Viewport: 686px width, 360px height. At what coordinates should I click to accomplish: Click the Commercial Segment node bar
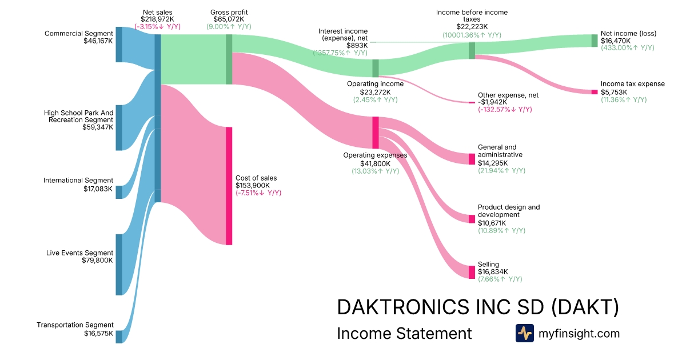pyautogui.click(x=119, y=44)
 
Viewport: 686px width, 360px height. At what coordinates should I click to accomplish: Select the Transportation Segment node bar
pyautogui.click(x=119, y=336)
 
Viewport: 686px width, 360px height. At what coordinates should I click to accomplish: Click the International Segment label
pyautogui.click(x=78, y=181)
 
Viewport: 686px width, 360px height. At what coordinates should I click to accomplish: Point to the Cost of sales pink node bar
pyautogui.click(x=229, y=186)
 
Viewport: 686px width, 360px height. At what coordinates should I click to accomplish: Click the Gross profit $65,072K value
pyautogui.click(x=229, y=19)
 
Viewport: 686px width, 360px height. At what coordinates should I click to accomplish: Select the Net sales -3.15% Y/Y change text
pyautogui.click(x=158, y=27)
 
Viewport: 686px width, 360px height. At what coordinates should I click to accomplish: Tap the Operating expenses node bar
pyautogui.click(x=376, y=133)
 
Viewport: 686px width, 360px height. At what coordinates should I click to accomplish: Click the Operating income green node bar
pyautogui.click(x=376, y=68)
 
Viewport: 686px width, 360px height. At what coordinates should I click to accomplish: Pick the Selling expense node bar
pyautogui.click(x=472, y=272)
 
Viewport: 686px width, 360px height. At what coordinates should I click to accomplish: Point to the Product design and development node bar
pyautogui.click(x=472, y=219)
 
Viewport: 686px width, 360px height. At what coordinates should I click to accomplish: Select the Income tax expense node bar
pyautogui.click(x=595, y=92)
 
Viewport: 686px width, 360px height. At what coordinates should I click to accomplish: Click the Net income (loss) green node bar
pyautogui.click(x=595, y=41)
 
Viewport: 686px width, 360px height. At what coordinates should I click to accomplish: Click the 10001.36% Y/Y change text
pyautogui.click(x=472, y=35)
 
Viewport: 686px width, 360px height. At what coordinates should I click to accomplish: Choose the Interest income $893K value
pyautogui.click(x=357, y=45)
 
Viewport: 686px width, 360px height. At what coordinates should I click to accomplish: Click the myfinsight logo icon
pyautogui.click(x=524, y=333)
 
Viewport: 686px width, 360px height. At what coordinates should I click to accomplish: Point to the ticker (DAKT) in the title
pyautogui.click(x=585, y=307)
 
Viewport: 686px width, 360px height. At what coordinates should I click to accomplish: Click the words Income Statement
pyautogui.click(x=404, y=333)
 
